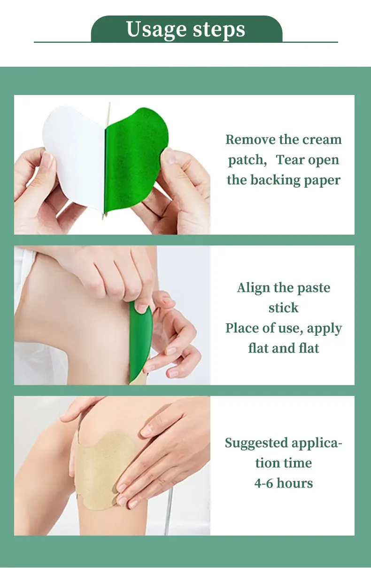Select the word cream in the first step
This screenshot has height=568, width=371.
tap(322, 140)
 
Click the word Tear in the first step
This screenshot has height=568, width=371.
tap(291, 160)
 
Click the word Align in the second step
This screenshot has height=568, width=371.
tap(254, 288)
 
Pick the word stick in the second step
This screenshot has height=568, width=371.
tap(284, 308)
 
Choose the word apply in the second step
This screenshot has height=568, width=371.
tap(325, 329)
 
